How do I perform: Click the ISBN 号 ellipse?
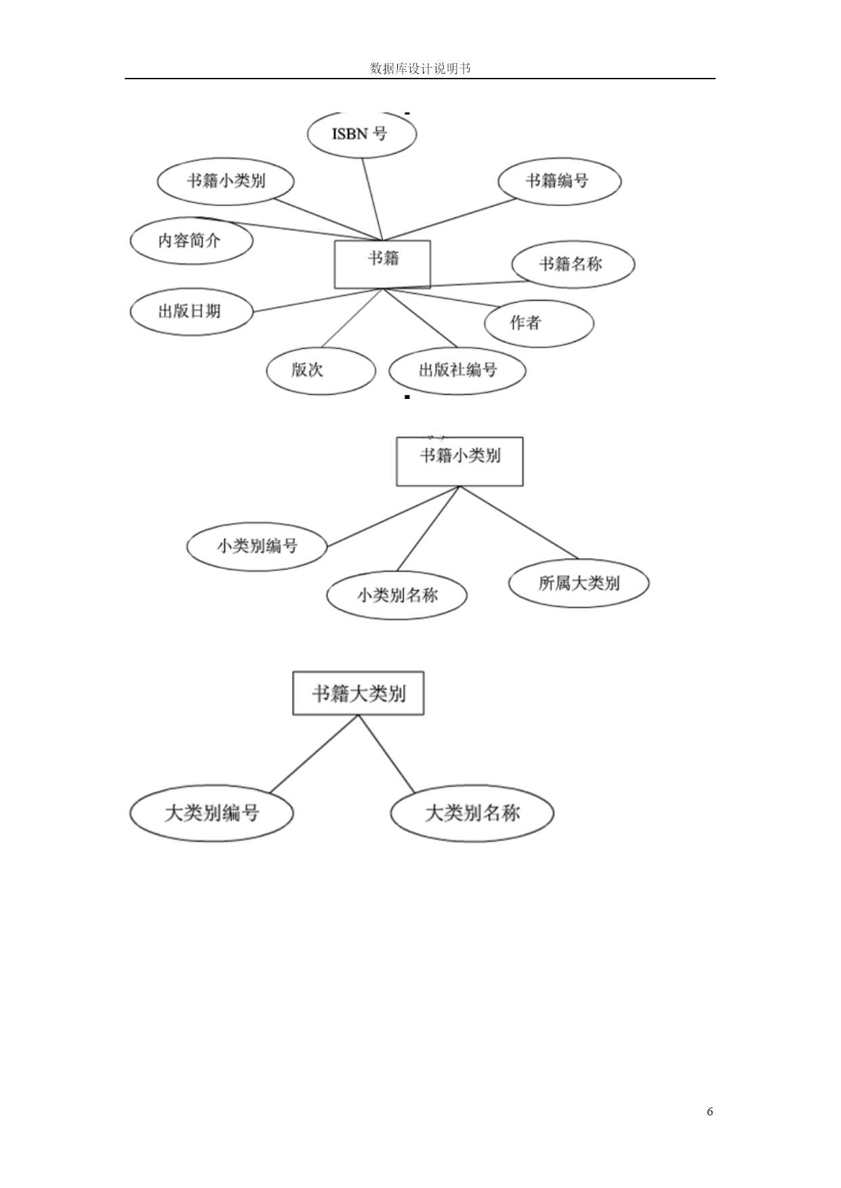click(x=361, y=134)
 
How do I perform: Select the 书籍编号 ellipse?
click(x=559, y=181)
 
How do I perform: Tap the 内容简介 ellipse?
click(x=191, y=241)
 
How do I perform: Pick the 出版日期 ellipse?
click(x=191, y=312)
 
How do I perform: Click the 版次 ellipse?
click(x=321, y=370)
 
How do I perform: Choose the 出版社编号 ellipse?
click(x=457, y=370)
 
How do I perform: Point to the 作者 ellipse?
click(x=539, y=323)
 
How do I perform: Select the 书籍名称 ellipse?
click(x=573, y=264)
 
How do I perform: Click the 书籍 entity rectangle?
click(x=382, y=264)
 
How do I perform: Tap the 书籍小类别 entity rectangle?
click(x=459, y=461)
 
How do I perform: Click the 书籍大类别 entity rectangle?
click(x=358, y=693)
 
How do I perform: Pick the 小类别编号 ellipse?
click(x=257, y=546)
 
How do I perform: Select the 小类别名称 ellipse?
click(x=397, y=595)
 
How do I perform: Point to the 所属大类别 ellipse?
click(x=579, y=583)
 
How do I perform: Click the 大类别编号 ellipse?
click(x=211, y=813)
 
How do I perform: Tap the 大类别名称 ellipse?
click(x=472, y=813)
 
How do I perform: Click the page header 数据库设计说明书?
click(x=420, y=68)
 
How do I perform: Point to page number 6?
click(x=710, y=1111)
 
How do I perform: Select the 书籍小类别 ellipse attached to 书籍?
click(x=226, y=182)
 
